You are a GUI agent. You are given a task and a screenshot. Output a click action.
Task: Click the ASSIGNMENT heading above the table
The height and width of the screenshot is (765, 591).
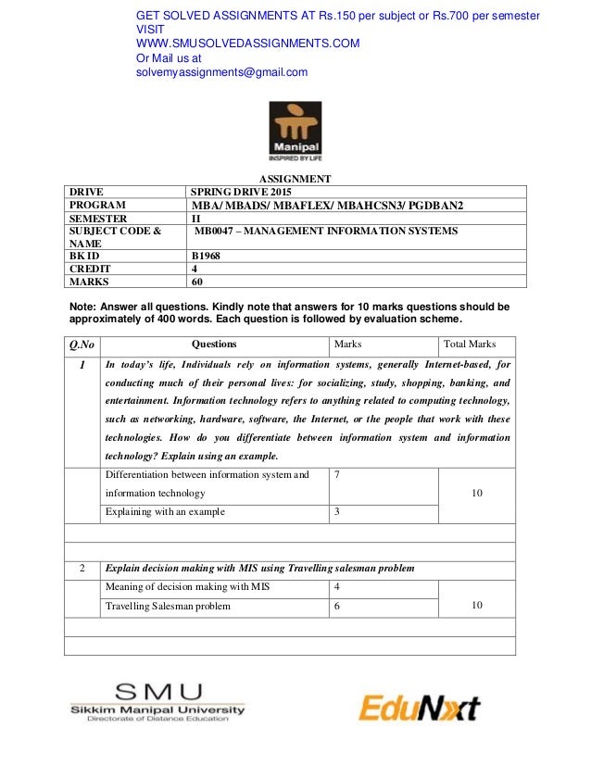point(295,179)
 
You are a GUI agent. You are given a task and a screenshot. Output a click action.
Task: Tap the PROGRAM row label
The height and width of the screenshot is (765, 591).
point(98,205)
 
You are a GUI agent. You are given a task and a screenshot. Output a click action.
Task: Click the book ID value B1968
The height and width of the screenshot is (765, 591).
point(206,256)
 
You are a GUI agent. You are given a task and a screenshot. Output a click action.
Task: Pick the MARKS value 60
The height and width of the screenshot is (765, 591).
point(196,282)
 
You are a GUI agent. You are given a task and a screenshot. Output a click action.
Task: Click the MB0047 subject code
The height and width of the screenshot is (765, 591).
point(214,231)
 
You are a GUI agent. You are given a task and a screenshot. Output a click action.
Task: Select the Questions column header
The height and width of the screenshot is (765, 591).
point(213,344)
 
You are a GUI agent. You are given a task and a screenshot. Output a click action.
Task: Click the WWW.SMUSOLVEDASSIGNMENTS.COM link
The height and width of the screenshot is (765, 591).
point(247,43)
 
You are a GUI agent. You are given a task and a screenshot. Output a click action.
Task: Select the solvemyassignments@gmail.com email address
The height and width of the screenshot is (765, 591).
point(222,72)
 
